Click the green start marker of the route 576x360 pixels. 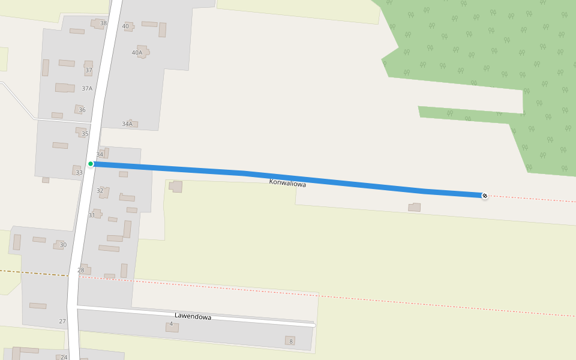[x=91, y=164]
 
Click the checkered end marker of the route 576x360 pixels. [x=485, y=196]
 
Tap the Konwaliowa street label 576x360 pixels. [x=287, y=183]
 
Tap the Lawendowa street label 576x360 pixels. [x=193, y=316]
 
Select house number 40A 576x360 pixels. [x=137, y=53]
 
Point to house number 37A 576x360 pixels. [x=87, y=88]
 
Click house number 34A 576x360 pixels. [x=127, y=124]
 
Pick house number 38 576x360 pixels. [x=103, y=23]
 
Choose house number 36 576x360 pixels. [x=82, y=110]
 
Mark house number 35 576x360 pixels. [x=85, y=134]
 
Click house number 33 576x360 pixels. [x=79, y=173]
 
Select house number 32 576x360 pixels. [x=100, y=191]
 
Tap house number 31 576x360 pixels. [x=92, y=215]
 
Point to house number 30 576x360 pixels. [x=63, y=245]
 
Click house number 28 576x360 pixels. [x=81, y=270]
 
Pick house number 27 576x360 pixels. [x=62, y=322]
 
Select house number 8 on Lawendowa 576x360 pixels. [x=291, y=341]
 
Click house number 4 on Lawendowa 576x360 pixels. [x=171, y=324]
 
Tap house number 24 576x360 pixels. [x=64, y=357]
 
